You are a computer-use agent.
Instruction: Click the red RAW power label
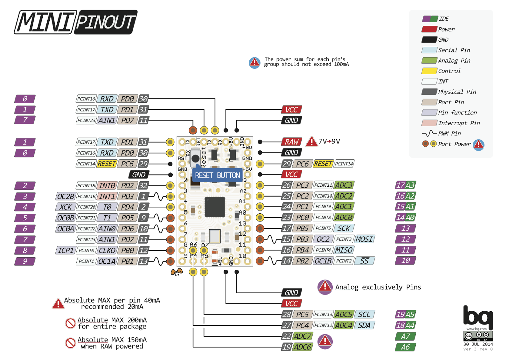point(291,142)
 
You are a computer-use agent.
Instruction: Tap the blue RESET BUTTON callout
point(217,175)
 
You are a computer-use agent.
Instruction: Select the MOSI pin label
point(364,239)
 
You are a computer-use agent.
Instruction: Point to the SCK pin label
point(344,228)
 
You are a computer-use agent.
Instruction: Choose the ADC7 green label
point(302,336)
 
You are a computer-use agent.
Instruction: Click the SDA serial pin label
point(364,325)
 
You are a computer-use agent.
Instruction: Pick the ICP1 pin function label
point(66,251)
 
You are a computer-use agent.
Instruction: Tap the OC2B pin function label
point(66,197)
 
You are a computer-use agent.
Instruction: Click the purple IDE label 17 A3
point(406,185)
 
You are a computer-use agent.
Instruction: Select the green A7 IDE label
point(405,336)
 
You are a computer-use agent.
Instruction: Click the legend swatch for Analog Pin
point(429,60)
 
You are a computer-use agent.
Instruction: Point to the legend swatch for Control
point(429,71)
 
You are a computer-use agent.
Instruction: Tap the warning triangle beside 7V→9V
point(311,142)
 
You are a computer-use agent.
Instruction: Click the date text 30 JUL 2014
point(478,344)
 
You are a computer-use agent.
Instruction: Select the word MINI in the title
point(45,22)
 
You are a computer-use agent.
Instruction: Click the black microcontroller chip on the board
point(215,207)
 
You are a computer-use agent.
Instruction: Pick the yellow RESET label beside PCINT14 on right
point(323,164)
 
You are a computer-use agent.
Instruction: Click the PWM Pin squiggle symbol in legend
point(429,133)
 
